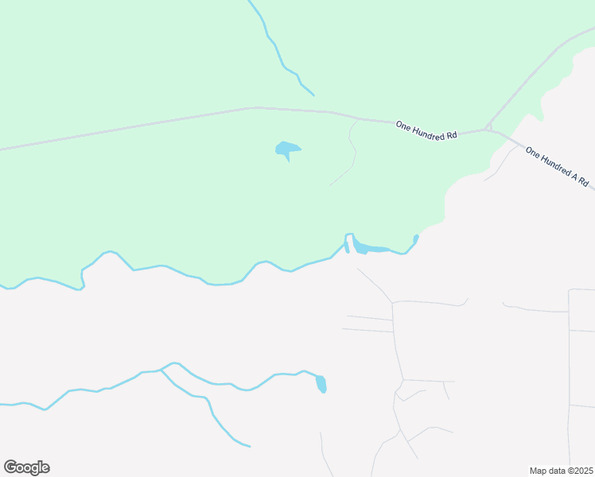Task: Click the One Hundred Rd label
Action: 426,130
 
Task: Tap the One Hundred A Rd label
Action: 557,167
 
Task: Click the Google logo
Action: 26,467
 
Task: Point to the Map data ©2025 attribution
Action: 561,471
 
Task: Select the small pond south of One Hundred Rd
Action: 287,149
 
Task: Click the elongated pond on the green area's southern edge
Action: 371,248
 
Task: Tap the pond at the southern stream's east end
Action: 321,384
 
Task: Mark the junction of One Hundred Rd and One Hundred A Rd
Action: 488,128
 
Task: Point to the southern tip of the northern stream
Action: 313,95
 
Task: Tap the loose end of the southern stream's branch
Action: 250,446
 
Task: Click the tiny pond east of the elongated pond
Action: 416,238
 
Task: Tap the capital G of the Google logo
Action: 10,467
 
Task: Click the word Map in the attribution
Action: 539,471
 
